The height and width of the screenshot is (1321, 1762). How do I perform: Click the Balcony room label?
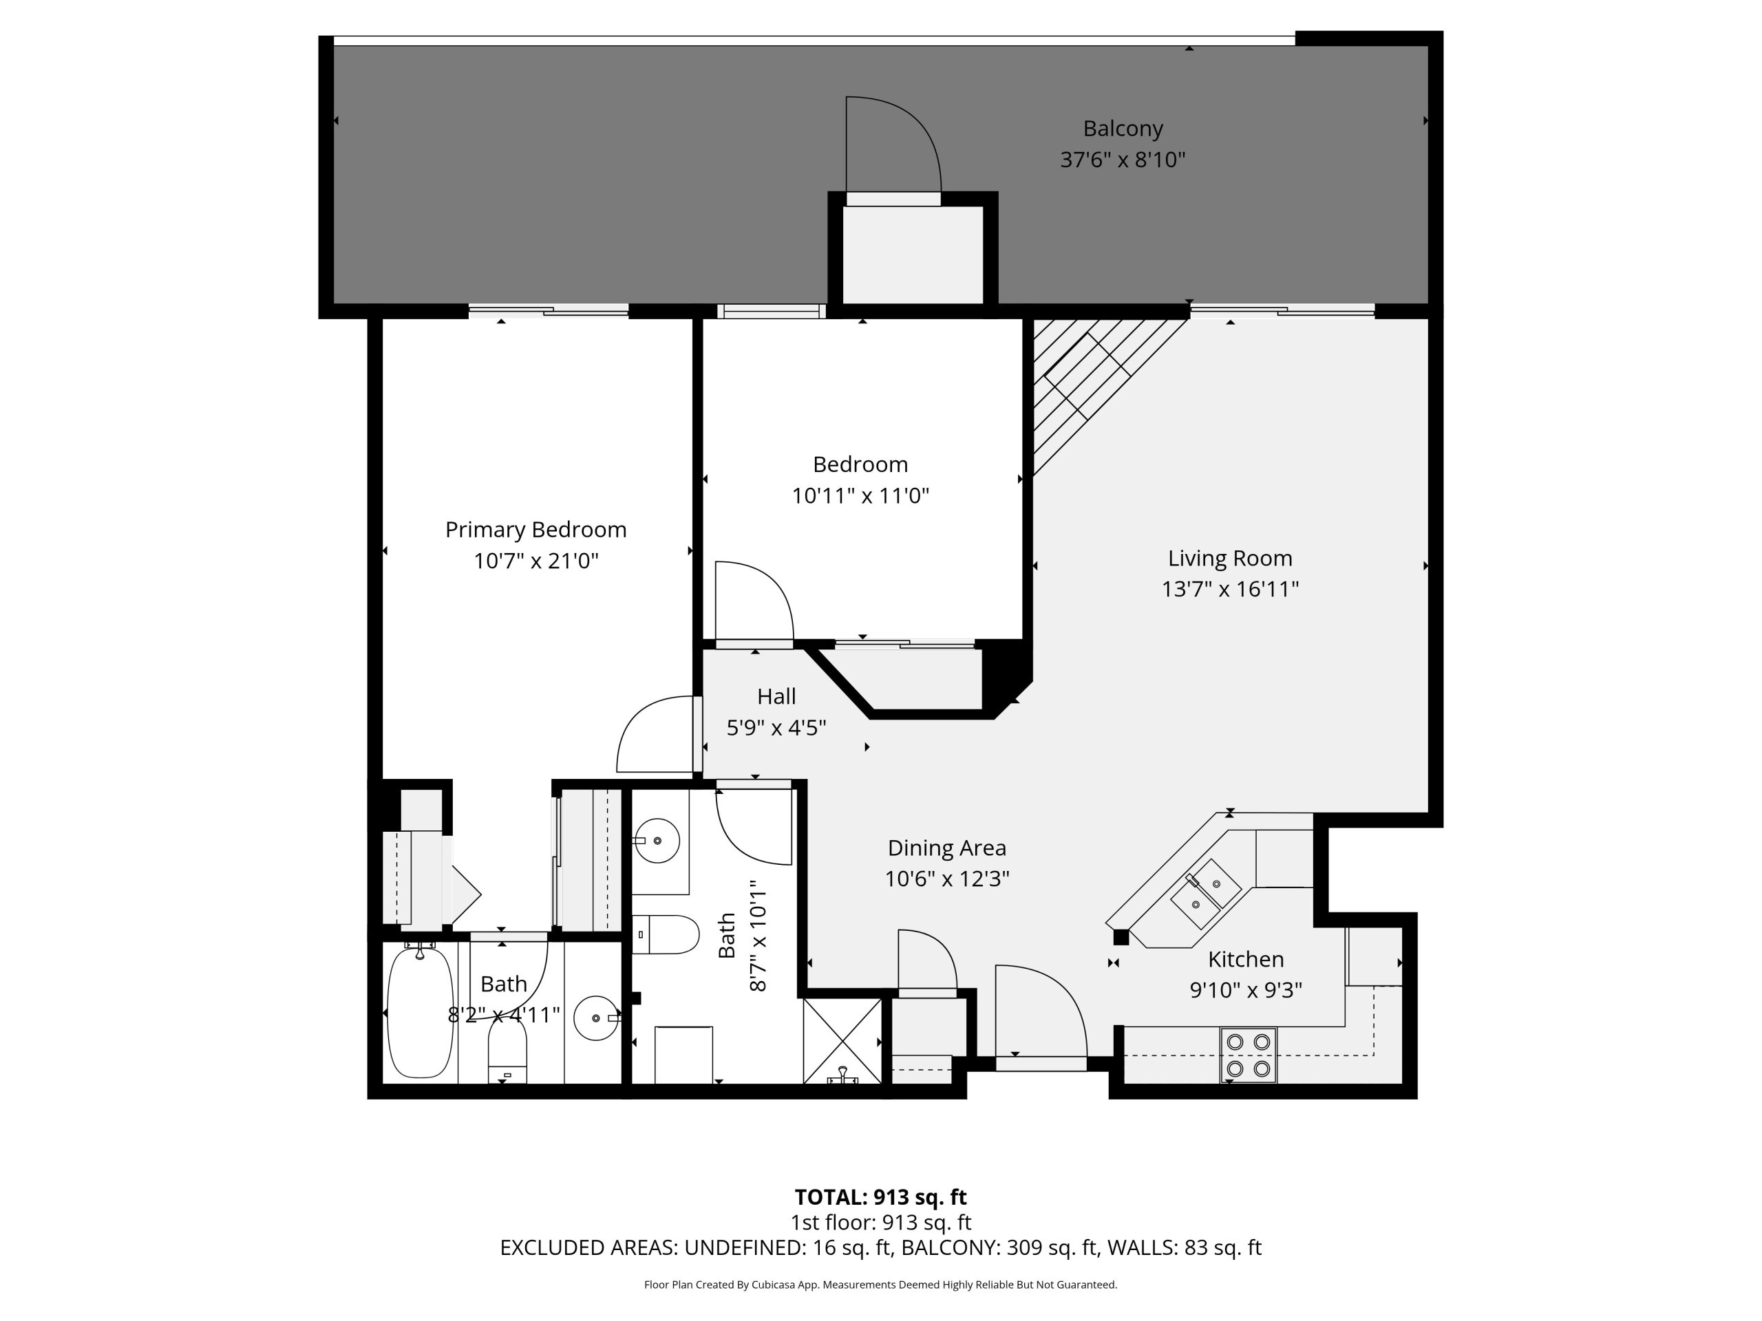(1123, 128)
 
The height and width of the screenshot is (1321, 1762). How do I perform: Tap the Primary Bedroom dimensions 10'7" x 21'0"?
(536, 561)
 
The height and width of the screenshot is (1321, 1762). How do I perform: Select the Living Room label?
(1230, 558)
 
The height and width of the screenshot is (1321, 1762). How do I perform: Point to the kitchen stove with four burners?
(1249, 1054)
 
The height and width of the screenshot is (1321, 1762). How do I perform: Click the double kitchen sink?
(1205, 894)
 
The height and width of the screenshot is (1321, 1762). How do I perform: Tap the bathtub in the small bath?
(420, 1012)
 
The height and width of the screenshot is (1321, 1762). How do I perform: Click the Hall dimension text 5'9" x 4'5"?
(776, 728)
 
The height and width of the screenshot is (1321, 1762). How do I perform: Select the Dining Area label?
(947, 848)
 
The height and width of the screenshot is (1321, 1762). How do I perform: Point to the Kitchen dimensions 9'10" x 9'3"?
(1246, 990)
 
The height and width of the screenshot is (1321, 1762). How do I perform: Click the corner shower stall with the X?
(842, 1041)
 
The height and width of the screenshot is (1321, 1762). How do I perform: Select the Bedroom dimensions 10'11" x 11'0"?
(860, 496)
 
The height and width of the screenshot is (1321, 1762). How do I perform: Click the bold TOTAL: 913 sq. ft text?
(881, 1196)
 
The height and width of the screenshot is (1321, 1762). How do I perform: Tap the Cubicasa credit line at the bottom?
(881, 1285)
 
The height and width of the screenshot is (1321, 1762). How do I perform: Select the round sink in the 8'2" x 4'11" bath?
(596, 1018)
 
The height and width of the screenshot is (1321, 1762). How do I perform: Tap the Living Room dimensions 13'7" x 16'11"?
(1230, 589)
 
